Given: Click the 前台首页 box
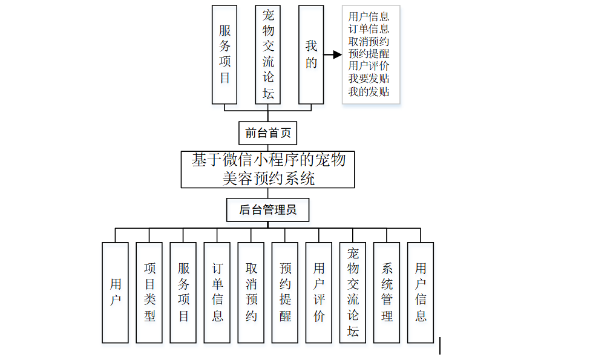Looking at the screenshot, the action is point(267,133).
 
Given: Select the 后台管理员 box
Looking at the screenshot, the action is point(267,210).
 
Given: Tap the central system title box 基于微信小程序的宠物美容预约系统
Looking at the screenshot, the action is point(267,169).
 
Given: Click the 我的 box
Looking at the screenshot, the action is point(311,54).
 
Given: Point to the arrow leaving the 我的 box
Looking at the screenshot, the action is point(333,54).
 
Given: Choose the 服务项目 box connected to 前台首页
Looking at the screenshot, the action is point(225,54).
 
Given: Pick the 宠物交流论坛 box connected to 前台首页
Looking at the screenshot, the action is point(267,54).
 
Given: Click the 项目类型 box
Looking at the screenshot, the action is point(149,293).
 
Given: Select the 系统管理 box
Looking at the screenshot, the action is point(387,293).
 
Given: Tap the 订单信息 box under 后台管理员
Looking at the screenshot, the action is point(217,293).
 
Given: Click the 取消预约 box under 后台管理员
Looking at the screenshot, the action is point(251,293).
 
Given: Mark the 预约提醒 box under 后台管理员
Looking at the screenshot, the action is point(285,293).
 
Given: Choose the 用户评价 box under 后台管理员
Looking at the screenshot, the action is point(319,293).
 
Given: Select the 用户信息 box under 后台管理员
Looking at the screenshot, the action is point(421,293).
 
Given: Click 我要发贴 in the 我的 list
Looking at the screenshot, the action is point(369,79).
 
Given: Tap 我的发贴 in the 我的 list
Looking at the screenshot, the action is point(369,91).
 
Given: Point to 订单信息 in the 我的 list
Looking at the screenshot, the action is point(369,29).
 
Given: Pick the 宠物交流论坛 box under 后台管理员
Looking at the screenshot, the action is point(353,293).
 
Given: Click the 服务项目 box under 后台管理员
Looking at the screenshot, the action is point(183,293).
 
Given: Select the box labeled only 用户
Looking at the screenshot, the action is point(115,293).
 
